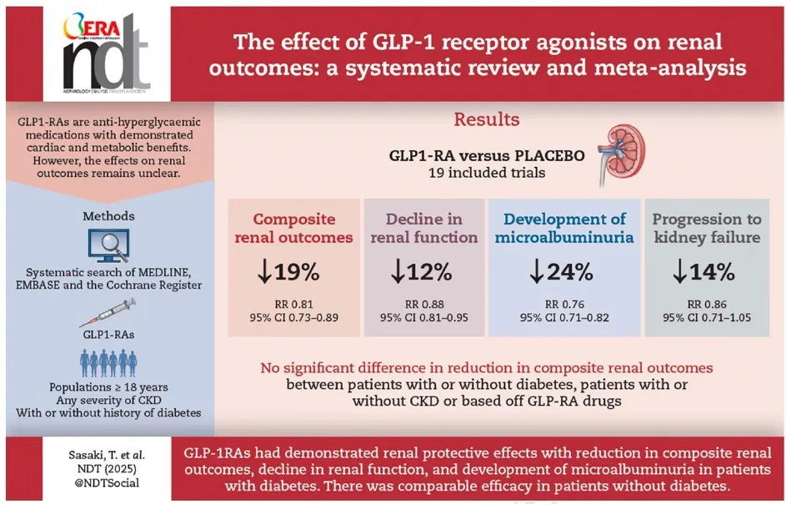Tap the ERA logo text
click(x=83, y=23)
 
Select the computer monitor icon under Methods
click(x=108, y=247)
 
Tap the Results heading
click(x=486, y=119)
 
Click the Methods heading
click(x=108, y=216)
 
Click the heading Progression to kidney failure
click(x=706, y=229)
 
